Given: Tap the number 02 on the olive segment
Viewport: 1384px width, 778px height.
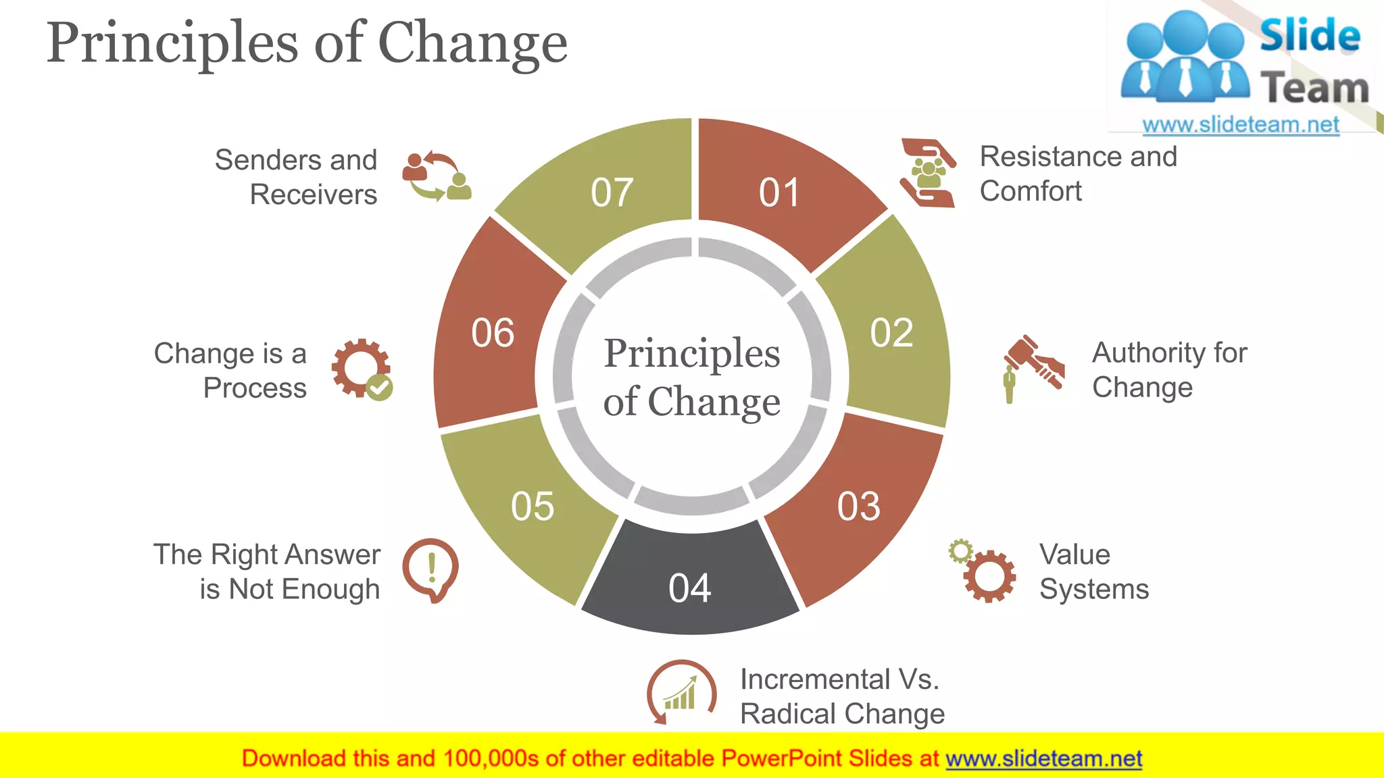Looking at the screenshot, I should [891, 333].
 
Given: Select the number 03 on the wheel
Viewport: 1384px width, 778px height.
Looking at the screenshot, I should [858, 507].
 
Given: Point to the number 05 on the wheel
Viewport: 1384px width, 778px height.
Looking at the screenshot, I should [533, 507].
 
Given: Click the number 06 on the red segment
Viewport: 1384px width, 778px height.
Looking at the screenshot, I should [493, 333].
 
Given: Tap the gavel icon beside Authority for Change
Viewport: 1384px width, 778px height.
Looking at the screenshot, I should [1033, 368].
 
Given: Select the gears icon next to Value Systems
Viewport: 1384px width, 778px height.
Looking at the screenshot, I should [983, 571].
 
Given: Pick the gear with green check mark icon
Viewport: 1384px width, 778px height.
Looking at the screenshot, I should [362, 369].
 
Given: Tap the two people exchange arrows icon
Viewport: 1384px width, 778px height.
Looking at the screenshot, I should [437, 176].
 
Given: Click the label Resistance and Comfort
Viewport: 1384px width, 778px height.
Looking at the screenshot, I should [1078, 174].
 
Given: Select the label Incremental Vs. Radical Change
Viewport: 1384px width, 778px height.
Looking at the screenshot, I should [841, 696].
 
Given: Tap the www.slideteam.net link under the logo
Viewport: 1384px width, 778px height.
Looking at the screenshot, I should [1240, 124].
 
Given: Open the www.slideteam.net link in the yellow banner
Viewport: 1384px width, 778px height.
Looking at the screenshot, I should [1043, 758].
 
